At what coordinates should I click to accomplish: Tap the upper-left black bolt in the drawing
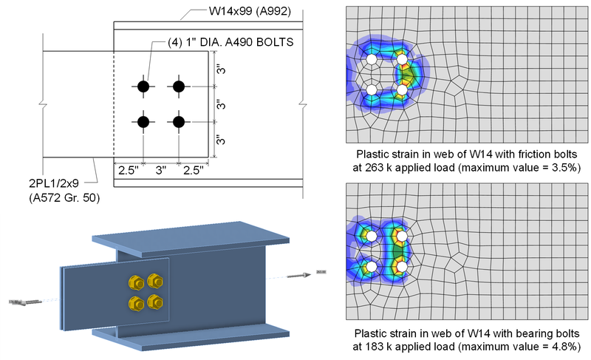click(x=143, y=86)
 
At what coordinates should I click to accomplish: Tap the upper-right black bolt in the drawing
click(x=179, y=86)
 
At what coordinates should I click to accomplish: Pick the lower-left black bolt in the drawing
click(x=143, y=121)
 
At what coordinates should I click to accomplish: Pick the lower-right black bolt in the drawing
click(x=179, y=121)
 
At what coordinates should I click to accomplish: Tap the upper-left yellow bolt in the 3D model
click(x=137, y=283)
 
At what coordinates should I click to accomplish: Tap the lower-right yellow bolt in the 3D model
click(x=154, y=301)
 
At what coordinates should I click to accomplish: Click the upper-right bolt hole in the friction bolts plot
click(x=402, y=59)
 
